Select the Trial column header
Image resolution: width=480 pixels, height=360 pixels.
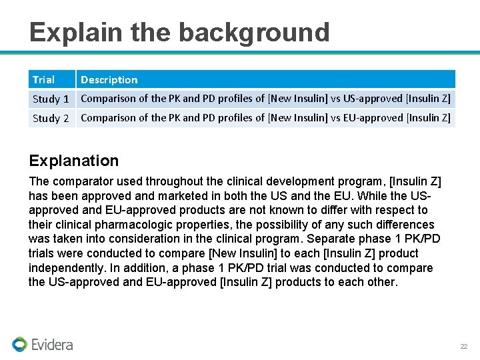coord(44,80)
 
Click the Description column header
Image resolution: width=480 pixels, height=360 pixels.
coord(109,80)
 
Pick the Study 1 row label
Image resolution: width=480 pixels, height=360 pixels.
coord(51,99)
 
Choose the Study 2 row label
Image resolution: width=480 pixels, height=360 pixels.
coord(51,119)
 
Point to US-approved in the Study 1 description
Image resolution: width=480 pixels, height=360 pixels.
coord(373,99)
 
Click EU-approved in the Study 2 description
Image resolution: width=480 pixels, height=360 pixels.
coord(373,118)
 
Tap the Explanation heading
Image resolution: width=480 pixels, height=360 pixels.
coord(74,161)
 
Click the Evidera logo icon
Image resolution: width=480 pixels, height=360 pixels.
coord(19,344)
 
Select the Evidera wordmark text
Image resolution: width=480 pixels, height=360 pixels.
coord(53,345)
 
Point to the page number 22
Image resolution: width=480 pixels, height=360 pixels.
coord(464,347)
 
